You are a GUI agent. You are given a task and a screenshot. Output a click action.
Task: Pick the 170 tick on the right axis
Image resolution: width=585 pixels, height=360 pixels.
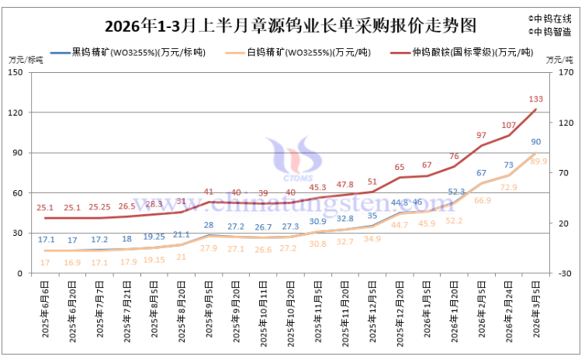566,72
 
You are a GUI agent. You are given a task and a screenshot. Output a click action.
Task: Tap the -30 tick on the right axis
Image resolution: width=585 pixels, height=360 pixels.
566,273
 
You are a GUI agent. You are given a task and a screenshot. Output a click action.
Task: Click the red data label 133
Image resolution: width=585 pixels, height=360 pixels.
535,99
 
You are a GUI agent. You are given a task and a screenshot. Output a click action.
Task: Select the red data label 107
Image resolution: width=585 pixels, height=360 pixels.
509,125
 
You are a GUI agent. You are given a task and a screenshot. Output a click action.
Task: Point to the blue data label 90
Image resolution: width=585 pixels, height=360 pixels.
536,142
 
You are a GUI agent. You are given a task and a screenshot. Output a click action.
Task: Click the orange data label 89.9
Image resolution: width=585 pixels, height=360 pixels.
538,161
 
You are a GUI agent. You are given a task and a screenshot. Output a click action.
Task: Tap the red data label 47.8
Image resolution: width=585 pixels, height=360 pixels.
345,185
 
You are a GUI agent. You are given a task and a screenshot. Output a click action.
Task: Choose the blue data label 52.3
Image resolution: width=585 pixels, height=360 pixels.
456,192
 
